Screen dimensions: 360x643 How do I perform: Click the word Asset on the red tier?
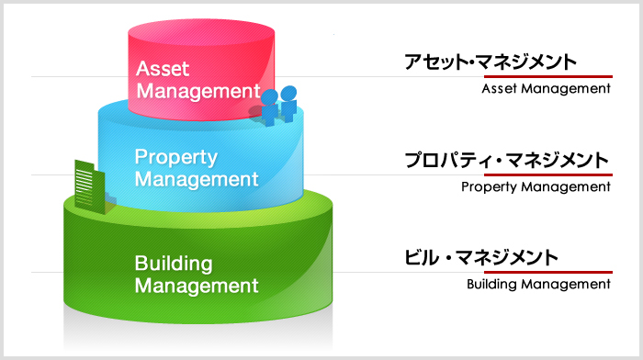pyautogui.click(x=163, y=68)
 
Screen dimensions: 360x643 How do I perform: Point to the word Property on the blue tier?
pyautogui.click(x=175, y=156)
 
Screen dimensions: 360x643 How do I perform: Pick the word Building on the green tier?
pyautogui.click(x=174, y=264)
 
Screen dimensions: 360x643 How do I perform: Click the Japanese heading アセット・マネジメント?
pyautogui.click(x=491, y=62)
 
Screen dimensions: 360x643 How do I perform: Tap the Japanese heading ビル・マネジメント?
pyautogui.click(x=481, y=257)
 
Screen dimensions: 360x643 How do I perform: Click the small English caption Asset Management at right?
pyautogui.click(x=546, y=89)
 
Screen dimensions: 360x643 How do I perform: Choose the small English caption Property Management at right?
pyautogui.click(x=536, y=186)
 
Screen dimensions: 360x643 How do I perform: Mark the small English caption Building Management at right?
pyautogui.click(x=538, y=284)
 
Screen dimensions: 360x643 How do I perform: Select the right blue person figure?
pyautogui.click(x=289, y=102)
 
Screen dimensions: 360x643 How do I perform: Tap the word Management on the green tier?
pyautogui.click(x=197, y=286)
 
